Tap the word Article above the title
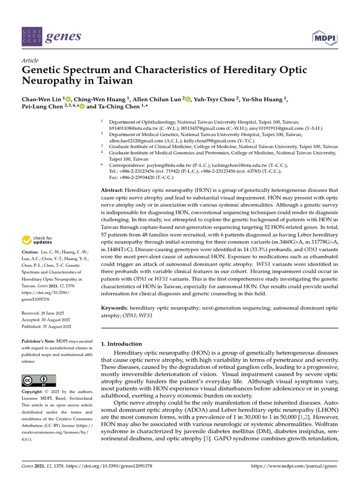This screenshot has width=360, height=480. coord(30,60)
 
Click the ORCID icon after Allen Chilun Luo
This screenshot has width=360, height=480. coord(188,99)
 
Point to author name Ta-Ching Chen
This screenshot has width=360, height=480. coord(118,106)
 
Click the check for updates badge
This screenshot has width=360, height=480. coord(37,240)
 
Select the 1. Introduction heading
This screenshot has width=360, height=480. coord(121,344)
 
